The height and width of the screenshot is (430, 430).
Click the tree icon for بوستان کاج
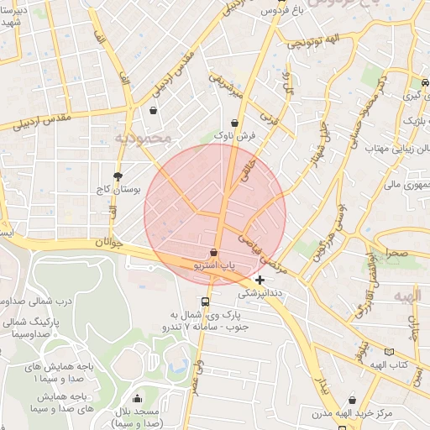(117, 176)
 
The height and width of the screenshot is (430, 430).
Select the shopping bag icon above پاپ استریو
(214, 253)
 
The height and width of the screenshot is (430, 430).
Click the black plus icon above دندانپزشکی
(260, 280)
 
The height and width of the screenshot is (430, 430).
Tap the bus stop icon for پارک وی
(205, 302)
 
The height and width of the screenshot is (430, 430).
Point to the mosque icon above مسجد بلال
(138, 398)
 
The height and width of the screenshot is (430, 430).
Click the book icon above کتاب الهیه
(388, 352)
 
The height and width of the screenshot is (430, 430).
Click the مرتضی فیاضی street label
(265, 253)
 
